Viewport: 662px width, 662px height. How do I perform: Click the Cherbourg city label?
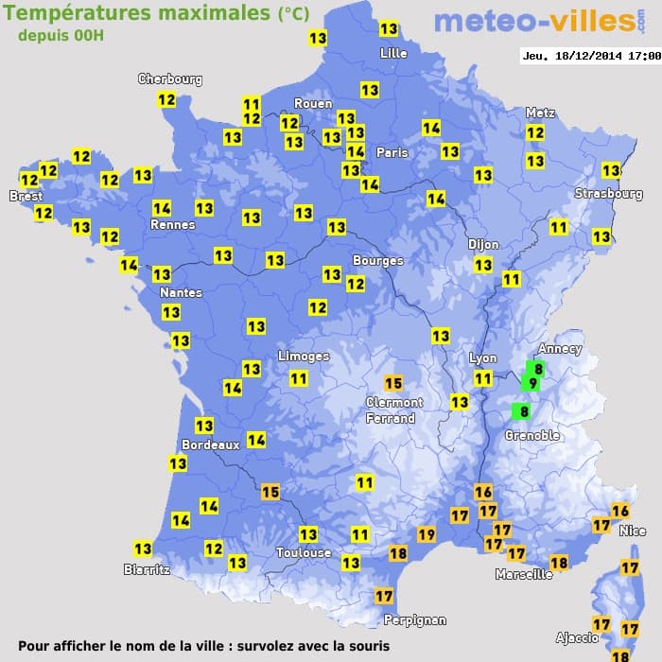170,79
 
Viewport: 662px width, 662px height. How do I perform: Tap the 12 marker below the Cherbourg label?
166,99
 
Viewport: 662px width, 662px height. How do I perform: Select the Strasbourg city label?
608,194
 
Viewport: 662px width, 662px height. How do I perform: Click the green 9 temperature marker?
532,383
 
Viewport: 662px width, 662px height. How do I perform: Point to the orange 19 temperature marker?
427,534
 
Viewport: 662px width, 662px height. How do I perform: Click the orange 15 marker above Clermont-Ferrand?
393,383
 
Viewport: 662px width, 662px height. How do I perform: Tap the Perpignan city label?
414,619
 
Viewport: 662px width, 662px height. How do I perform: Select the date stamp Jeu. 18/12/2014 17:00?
590,56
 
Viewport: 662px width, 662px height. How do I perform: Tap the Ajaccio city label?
576,638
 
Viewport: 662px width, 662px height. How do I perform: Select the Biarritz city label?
147,569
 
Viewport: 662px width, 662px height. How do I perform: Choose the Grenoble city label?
531,435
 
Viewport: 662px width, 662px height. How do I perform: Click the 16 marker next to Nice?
620,511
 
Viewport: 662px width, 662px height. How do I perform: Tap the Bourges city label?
377,260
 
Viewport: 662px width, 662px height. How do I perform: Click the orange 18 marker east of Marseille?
559,563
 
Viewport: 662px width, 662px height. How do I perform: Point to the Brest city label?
26,197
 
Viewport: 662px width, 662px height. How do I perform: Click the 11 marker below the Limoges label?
299,378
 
